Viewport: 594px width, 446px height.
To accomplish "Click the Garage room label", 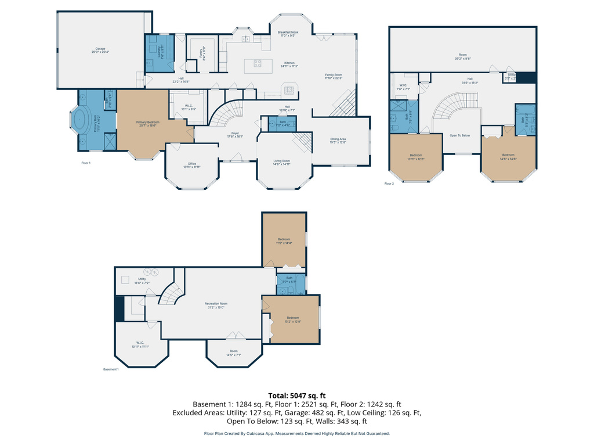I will pos(100,50).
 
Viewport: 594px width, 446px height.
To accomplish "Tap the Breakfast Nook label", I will pos(288,34).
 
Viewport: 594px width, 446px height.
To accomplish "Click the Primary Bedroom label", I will pos(148,124).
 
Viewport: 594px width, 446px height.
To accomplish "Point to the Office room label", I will pos(192,165).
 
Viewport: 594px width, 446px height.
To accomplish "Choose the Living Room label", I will pos(282,162).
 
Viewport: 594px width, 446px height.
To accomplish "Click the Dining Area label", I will pos(338,140).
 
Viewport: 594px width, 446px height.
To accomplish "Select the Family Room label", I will pos(334,76).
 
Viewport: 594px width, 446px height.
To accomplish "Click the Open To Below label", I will pos(460,135).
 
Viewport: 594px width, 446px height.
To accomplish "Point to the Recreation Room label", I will pos(216,305).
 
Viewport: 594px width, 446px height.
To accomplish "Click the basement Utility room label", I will pos(142,280).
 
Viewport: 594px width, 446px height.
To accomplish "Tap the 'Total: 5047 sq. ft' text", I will pos(296,395).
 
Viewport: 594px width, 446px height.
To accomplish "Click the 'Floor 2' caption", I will pos(389,184).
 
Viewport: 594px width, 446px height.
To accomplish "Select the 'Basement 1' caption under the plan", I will pos(111,369).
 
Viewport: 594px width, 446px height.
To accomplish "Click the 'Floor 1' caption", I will pos(86,163).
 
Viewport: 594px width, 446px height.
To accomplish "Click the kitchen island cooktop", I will pos(258,64).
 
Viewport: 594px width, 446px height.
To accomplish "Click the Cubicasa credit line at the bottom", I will pos(296,433).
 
